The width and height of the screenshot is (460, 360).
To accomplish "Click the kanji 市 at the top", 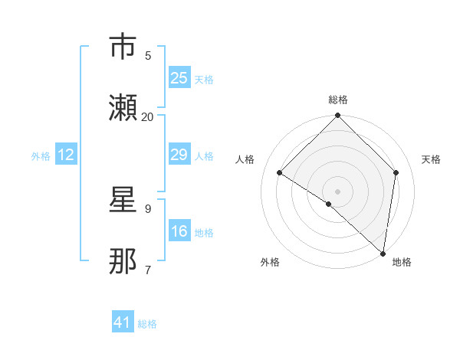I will [x=123, y=47].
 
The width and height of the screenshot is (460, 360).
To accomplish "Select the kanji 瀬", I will [x=123, y=108].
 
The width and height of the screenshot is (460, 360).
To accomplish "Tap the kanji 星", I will [x=123, y=201].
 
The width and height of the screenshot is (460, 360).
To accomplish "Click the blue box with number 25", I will [x=179, y=77].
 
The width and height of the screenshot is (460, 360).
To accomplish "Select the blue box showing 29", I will [x=179, y=155].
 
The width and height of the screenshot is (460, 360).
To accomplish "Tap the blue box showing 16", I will [x=179, y=231].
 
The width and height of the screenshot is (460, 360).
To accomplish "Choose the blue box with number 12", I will [x=66, y=155].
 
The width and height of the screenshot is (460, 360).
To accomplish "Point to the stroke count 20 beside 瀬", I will [x=148, y=116].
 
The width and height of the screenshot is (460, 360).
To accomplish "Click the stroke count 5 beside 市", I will [x=148, y=55].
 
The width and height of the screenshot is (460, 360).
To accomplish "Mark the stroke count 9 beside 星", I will [x=148, y=208].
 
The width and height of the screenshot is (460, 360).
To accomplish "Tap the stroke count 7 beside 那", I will [x=148, y=270].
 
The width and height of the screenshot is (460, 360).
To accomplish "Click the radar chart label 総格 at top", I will [x=338, y=100].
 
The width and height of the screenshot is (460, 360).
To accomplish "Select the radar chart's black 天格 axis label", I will [x=432, y=159].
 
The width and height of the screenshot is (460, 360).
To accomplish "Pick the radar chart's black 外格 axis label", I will [x=270, y=262].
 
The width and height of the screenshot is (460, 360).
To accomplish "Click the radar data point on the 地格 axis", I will [x=383, y=253].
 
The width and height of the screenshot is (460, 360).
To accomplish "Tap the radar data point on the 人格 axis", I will [x=280, y=172].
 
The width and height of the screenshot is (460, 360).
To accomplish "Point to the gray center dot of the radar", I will [x=338, y=191].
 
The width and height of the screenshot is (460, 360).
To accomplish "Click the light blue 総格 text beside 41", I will [x=147, y=324].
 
